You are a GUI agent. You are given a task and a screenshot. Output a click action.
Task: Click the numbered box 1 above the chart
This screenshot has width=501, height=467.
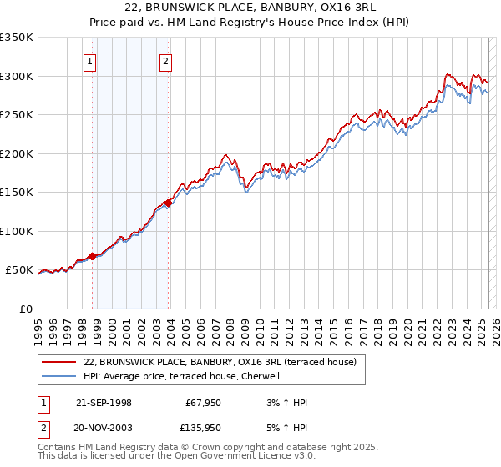(x=89, y=60)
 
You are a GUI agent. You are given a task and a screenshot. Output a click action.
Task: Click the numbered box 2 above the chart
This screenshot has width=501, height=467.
(x=166, y=60)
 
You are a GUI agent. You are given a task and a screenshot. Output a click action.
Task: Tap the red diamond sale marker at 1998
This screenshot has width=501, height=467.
(x=92, y=256)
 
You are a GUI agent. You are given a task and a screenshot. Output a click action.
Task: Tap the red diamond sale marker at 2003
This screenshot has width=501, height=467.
(x=169, y=203)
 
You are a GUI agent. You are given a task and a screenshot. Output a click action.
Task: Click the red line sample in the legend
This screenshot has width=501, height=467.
(x=59, y=362)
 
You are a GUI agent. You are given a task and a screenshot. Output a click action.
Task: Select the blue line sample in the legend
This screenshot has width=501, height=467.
(x=59, y=376)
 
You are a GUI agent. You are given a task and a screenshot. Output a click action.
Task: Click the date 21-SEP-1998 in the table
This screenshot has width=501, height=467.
(x=104, y=403)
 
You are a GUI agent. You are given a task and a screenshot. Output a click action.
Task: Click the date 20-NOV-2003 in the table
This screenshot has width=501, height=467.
(x=104, y=426)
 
